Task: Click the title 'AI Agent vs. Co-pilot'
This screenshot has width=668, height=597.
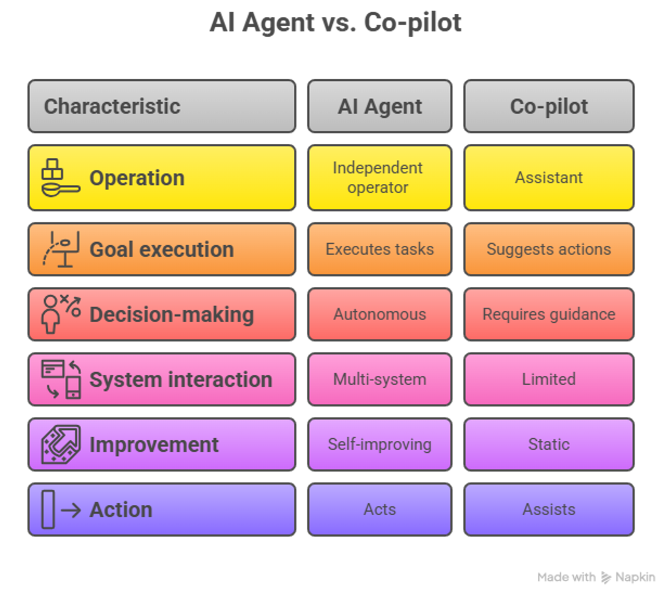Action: (335, 23)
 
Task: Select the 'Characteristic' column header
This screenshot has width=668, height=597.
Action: (162, 106)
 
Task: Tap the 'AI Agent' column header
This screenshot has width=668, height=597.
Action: (380, 106)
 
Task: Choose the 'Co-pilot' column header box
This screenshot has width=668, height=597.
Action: (549, 106)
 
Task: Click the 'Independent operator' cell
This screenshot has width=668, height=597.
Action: (380, 178)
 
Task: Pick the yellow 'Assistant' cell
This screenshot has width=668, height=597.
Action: (549, 178)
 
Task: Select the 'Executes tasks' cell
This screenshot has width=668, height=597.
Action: (380, 249)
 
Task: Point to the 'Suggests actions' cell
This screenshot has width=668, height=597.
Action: (549, 249)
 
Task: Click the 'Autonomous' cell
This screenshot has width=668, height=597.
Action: (380, 314)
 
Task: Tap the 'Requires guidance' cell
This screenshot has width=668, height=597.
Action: (549, 314)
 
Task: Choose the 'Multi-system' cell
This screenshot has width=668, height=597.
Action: (380, 379)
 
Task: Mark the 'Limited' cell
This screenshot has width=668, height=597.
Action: (549, 379)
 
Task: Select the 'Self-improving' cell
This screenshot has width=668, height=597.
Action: (380, 444)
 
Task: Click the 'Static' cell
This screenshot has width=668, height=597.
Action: (549, 444)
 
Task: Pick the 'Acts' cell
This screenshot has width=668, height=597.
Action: (380, 510)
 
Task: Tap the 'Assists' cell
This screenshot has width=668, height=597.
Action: (549, 510)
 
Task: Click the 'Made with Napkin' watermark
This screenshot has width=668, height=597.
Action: (596, 577)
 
